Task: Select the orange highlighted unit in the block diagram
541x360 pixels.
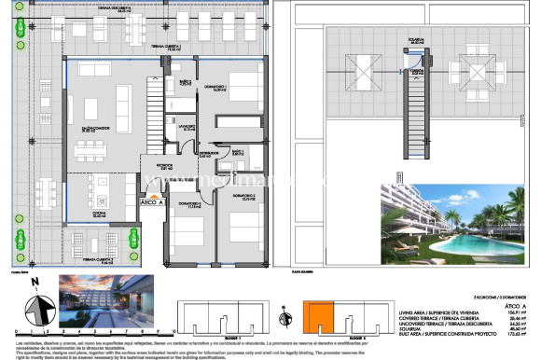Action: tap(318, 318)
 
